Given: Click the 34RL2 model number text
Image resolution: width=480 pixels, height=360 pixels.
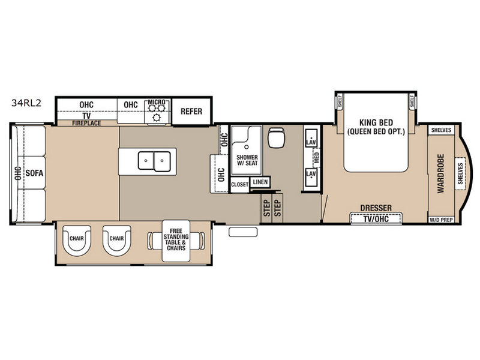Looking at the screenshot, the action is pyautogui.click(x=26, y=103).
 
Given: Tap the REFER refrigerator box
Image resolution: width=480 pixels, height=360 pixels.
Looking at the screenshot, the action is pyautogui.click(x=191, y=112).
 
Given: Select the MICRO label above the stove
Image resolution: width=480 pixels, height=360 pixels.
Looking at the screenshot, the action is pyautogui.click(x=157, y=101).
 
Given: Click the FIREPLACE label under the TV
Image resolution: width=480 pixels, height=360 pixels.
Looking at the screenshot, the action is pyautogui.click(x=86, y=123).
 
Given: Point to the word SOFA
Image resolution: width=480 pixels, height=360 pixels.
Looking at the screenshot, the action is pyautogui.click(x=34, y=173).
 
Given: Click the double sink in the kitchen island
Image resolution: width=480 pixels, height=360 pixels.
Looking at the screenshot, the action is pyautogui.click(x=154, y=161).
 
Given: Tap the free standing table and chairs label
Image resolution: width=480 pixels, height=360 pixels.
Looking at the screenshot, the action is pyautogui.click(x=176, y=239).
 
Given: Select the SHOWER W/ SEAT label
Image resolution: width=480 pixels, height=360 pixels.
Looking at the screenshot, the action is pyautogui.click(x=247, y=160).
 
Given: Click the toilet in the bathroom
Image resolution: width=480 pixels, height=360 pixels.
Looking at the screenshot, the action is pyautogui.click(x=277, y=137).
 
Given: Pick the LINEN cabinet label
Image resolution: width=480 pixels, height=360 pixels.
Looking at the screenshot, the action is pyautogui.click(x=260, y=182).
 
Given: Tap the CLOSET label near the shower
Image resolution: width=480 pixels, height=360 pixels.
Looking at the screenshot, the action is pyautogui.click(x=239, y=185).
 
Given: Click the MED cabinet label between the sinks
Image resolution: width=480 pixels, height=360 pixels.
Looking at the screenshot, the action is pyautogui.click(x=317, y=157).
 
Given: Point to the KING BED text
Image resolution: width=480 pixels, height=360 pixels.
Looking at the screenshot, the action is pyautogui.click(x=376, y=123).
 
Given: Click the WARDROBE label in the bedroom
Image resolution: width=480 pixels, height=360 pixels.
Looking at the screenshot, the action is pyautogui.click(x=440, y=173).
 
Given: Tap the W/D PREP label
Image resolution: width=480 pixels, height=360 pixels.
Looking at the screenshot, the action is pyautogui.click(x=441, y=220).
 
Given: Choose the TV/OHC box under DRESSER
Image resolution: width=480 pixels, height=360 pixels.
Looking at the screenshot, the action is pyautogui.click(x=376, y=218).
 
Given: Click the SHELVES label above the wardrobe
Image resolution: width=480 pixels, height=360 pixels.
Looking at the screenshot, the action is pyautogui.click(x=441, y=130).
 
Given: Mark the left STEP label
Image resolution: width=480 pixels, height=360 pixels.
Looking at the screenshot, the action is pyautogui.click(x=266, y=208).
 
